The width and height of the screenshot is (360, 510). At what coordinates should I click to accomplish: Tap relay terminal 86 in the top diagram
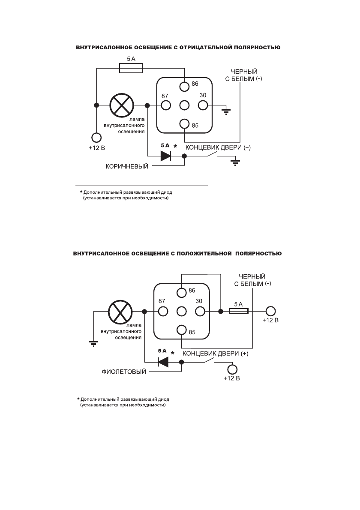coord(184,87)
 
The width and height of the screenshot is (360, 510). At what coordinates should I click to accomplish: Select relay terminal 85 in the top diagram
coord(184,123)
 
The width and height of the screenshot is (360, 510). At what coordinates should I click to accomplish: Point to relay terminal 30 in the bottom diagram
coord(200,312)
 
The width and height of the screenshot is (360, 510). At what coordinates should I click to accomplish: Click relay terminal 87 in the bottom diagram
coord(163,312)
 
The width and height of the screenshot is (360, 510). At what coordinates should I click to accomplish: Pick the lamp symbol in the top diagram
coord(122,105)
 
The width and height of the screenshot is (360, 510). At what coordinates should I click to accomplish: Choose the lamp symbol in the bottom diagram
coord(120,312)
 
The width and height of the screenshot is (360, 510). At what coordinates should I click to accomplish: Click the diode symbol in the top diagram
coord(166,156)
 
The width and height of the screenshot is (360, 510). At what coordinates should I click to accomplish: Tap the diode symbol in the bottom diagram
coord(163,362)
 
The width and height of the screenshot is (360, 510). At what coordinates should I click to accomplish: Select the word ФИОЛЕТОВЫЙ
coord(125,372)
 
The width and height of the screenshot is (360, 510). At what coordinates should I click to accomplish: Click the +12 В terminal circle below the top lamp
coord(96,137)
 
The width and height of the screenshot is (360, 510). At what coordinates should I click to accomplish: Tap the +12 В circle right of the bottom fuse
coord(270,312)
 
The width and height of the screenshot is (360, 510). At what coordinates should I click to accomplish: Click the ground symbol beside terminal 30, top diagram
coord(226,111)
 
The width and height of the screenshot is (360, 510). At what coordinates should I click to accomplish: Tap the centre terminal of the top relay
coord(184,105)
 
